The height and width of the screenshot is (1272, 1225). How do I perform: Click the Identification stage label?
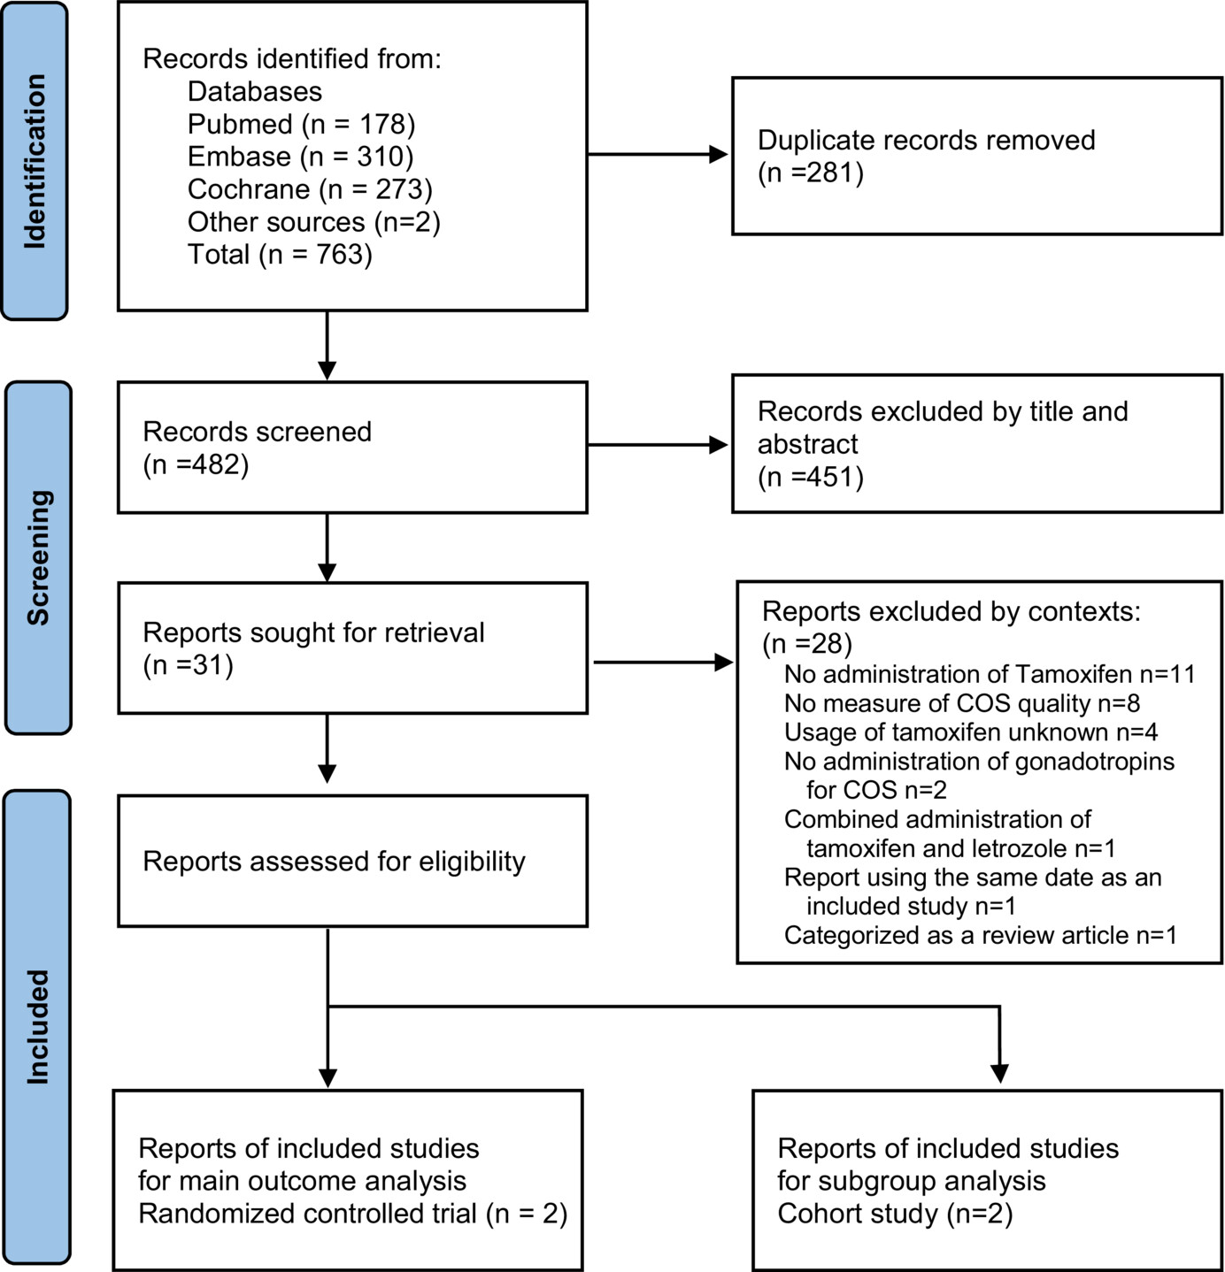[x=35, y=161]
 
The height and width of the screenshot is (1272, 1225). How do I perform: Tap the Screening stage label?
[x=38, y=557]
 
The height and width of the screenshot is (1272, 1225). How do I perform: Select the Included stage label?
[x=37, y=1027]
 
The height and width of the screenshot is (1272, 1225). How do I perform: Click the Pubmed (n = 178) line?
[x=301, y=124]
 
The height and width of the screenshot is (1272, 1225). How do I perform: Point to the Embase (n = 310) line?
[x=300, y=157]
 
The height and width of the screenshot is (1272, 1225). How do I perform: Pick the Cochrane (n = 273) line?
[x=310, y=189]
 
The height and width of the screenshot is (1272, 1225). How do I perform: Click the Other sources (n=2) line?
[x=314, y=222]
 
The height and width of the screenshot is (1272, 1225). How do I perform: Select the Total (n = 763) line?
[x=280, y=254]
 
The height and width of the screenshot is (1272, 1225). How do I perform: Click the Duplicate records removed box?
[x=977, y=156]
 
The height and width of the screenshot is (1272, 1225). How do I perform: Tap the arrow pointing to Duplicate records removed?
[x=658, y=155]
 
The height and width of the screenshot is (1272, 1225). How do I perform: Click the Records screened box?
[x=352, y=448]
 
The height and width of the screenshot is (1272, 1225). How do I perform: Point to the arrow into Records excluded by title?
[x=658, y=445]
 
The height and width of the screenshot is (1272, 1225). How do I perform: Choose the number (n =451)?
[x=811, y=477]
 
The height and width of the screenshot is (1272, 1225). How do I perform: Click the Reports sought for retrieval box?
[x=352, y=648]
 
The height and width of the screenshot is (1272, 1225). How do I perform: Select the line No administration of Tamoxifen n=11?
[x=990, y=674]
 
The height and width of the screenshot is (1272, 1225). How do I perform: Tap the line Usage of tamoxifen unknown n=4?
[x=971, y=732]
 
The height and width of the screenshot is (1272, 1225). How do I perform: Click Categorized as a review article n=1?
[x=981, y=935]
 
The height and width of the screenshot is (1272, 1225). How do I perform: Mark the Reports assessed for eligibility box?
[x=352, y=861]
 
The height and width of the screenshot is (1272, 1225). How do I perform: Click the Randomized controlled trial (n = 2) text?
[x=352, y=1214]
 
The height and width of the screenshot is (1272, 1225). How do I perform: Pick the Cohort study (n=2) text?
[x=895, y=1214]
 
